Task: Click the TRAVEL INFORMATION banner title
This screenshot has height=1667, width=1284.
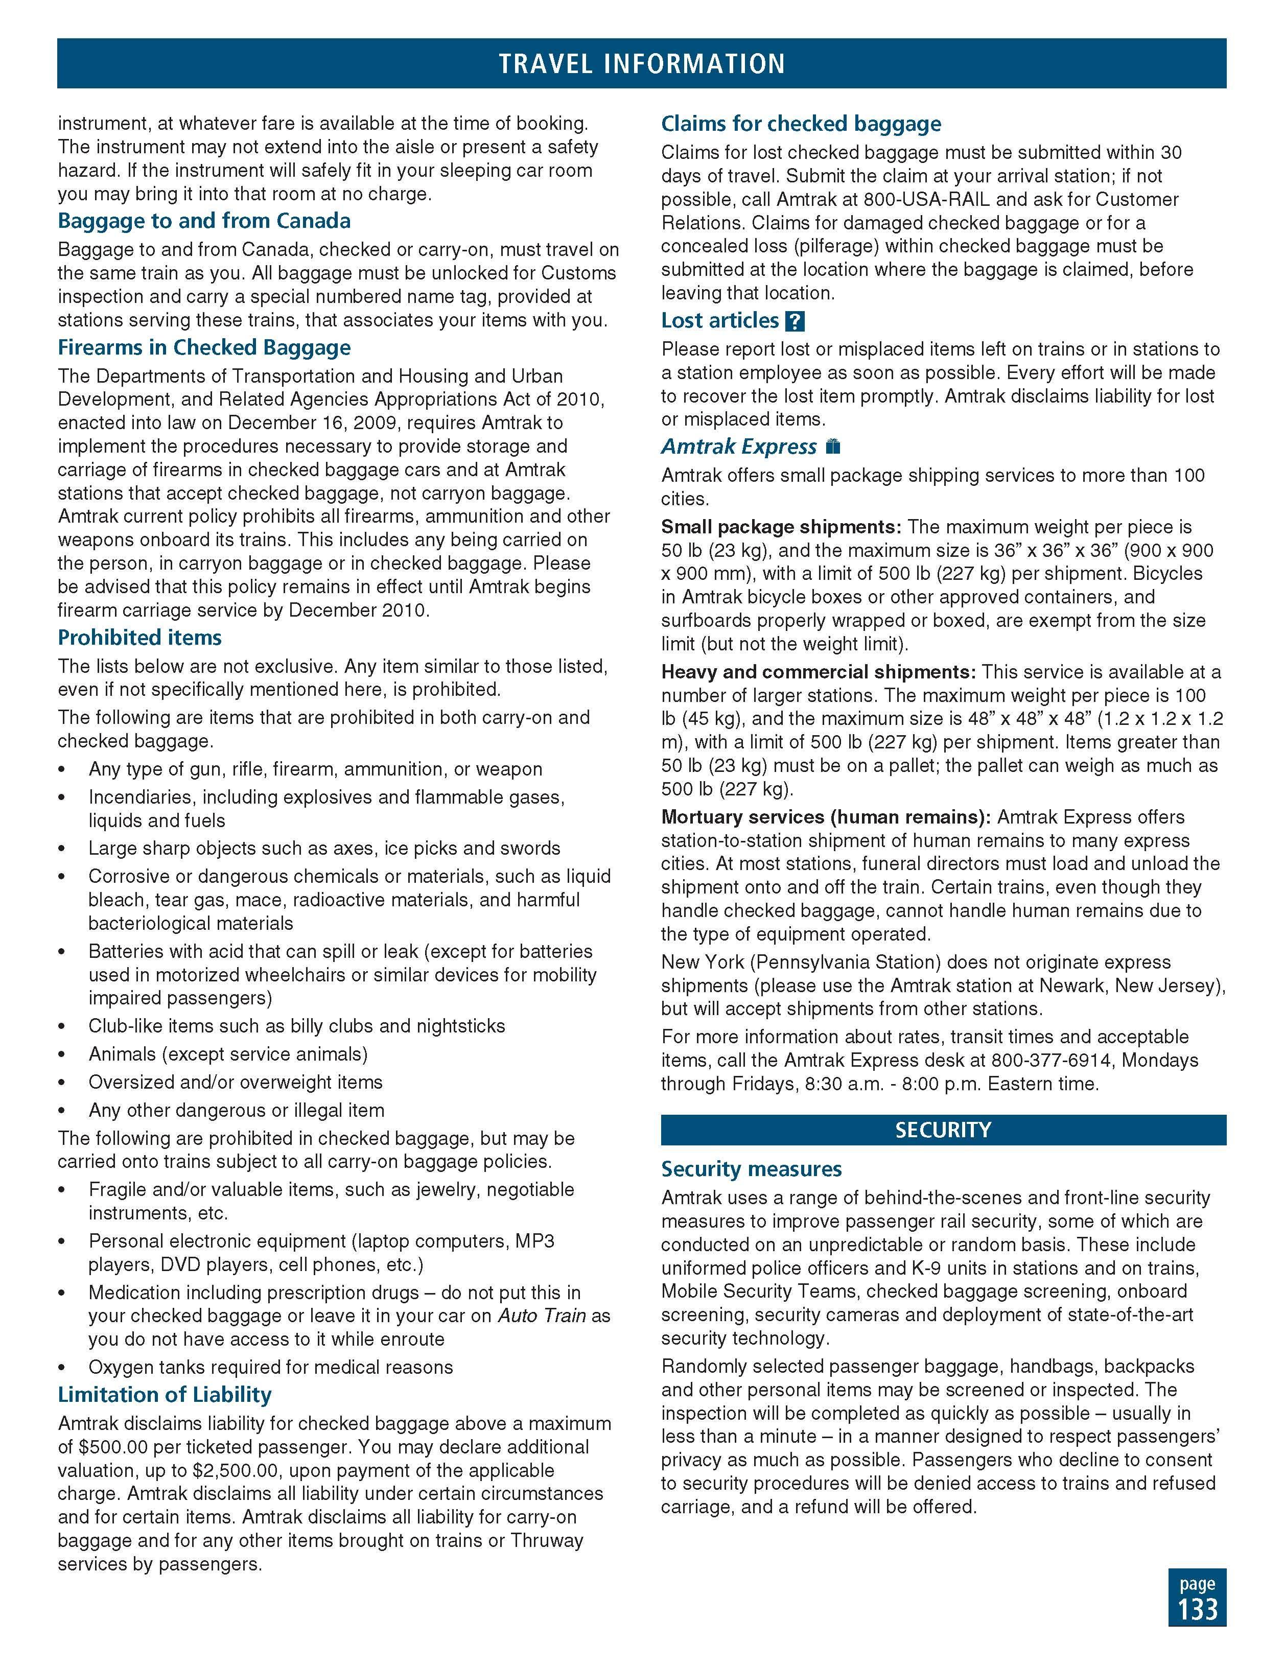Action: (x=641, y=63)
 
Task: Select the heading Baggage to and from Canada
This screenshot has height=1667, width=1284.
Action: (x=204, y=221)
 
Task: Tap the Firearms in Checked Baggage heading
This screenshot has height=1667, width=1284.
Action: (x=204, y=348)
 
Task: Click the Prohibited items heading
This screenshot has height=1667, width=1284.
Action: (x=139, y=638)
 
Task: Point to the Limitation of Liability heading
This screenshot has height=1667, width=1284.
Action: (x=164, y=1395)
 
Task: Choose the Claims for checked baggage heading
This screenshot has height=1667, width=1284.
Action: (x=801, y=125)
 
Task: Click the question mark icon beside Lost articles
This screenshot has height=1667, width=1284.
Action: (x=795, y=321)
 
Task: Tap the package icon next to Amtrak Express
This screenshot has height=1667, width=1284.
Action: (x=833, y=447)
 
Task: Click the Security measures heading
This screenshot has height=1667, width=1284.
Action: (x=751, y=1169)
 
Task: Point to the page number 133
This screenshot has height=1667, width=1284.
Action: (x=1197, y=1609)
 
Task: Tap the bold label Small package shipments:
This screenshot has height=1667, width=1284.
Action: (x=781, y=527)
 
